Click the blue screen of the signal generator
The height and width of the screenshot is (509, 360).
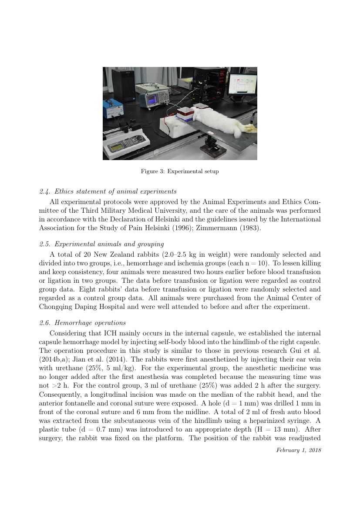click(x=152, y=101)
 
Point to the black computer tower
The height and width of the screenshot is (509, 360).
click(x=123, y=84)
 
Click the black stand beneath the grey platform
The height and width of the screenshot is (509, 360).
click(x=212, y=144)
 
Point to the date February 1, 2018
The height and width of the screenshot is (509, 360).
click(x=299, y=450)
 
